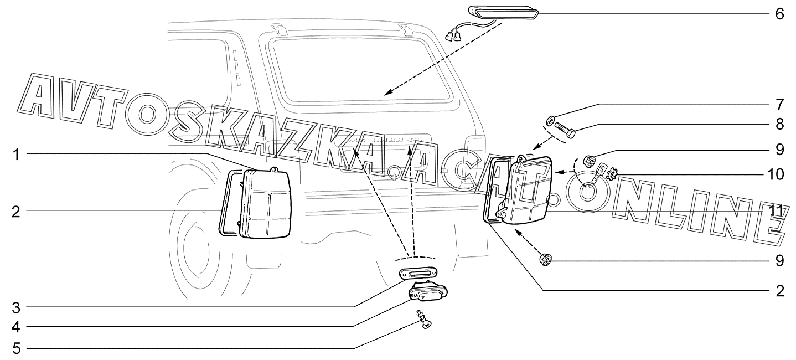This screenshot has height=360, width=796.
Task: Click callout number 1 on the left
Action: coord(17,155)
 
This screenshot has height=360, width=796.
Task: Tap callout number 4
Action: coord(17,327)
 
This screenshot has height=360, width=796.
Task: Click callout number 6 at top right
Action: coord(779,13)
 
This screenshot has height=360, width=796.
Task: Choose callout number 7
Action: coord(779,104)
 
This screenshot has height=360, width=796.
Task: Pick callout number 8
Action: coord(779,124)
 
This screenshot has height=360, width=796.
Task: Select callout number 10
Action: coord(779,174)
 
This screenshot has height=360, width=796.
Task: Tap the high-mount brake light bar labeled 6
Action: coord(504,12)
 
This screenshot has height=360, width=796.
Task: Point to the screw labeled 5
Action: coord(425,321)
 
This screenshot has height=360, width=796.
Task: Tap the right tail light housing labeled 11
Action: coord(533,192)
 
